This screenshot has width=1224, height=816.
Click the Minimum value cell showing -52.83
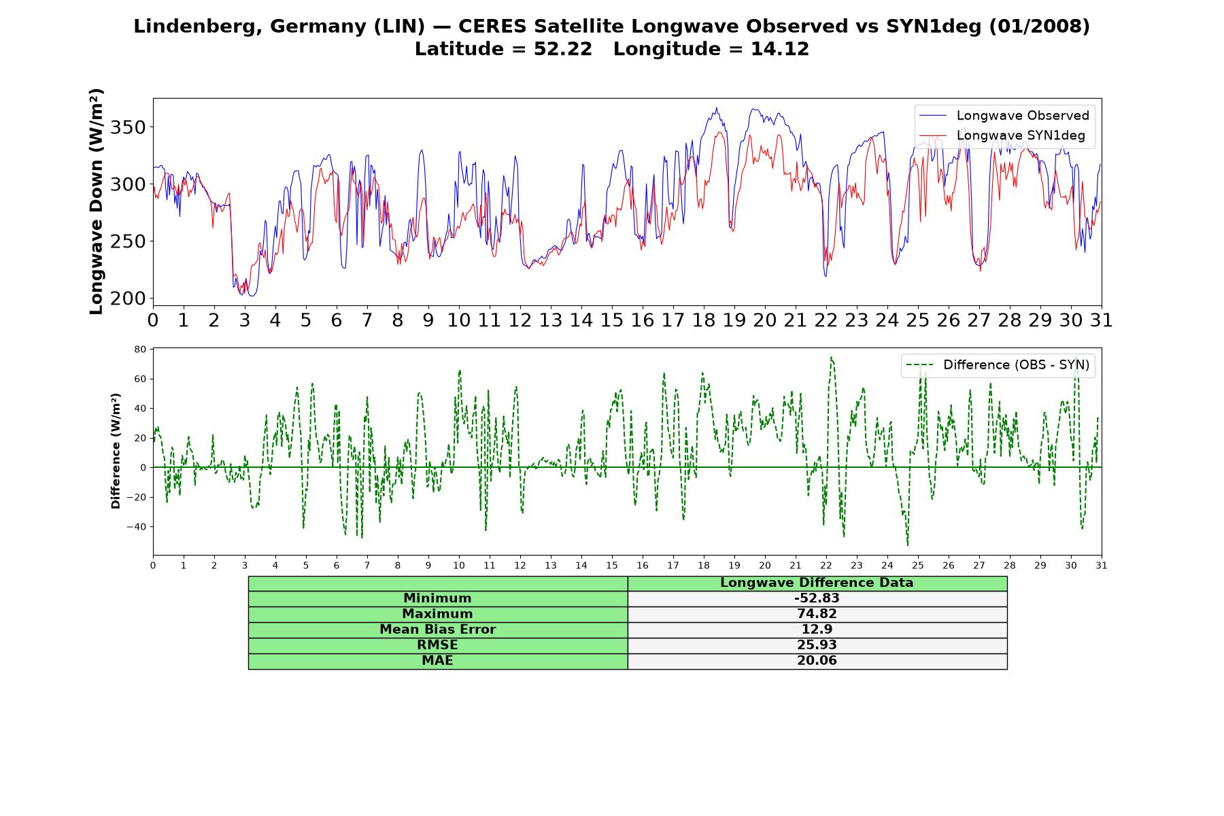click(x=817, y=598)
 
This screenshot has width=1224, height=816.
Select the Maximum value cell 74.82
click(x=817, y=614)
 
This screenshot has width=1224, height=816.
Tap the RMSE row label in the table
click(x=437, y=645)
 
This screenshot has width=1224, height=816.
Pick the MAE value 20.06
click(x=817, y=661)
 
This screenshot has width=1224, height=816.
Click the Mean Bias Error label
click(x=437, y=630)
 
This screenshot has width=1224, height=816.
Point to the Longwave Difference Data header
click(x=817, y=583)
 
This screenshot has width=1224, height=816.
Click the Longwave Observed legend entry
click(x=1004, y=116)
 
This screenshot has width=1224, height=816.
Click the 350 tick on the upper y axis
click(x=130, y=127)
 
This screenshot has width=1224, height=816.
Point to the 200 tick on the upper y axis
click(x=130, y=298)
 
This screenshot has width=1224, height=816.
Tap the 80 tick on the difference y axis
click(x=140, y=350)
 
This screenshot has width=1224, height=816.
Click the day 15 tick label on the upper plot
click(x=611, y=320)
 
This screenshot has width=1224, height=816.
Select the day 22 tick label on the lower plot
click(x=826, y=565)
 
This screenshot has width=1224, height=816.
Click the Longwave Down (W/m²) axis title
click(x=97, y=201)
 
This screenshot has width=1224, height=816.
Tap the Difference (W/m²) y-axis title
click(x=116, y=451)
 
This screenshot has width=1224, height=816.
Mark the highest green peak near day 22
click(x=831, y=357)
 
